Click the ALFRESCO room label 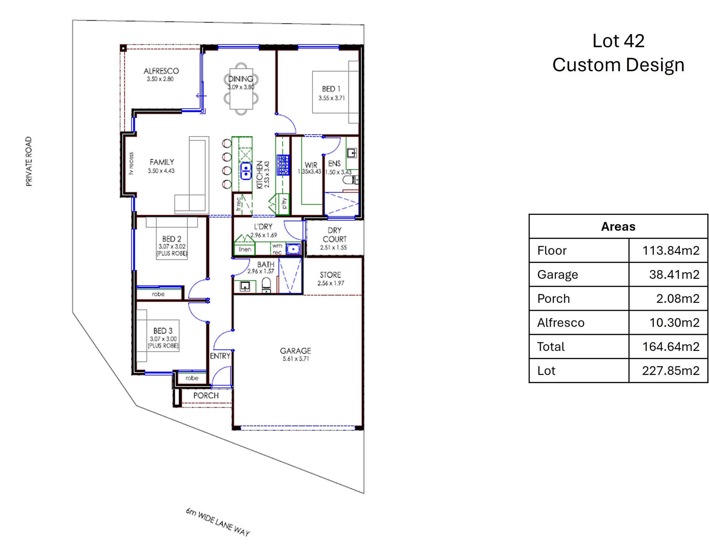[161, 71]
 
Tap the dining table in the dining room [241, 89]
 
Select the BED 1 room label [331, 89]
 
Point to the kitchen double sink [246, 171]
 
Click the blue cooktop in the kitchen [283, 165]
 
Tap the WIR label [311, 165]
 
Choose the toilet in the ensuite [351, 180]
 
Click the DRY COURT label [335, 235]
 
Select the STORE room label [330, 275]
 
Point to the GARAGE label [295, 351]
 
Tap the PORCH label [206, 395]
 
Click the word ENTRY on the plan [220, 356]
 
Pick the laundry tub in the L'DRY [293, 249]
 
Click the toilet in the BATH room [266, 285]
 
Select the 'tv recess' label [131, 163]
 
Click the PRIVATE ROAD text [29, 161]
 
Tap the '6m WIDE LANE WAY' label [218, 522]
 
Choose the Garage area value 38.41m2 [674, 275]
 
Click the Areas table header [618, 226]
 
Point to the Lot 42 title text [618, 41]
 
